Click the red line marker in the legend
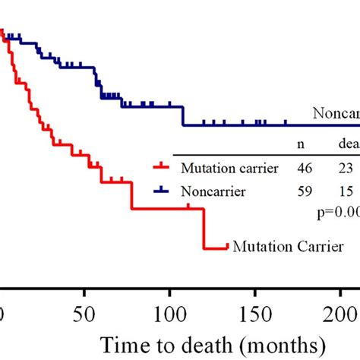(160, 168)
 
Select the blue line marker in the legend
(160, 192)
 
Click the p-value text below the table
(337, 214)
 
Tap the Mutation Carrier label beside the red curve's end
(289, 246)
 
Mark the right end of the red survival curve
(228, 246)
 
